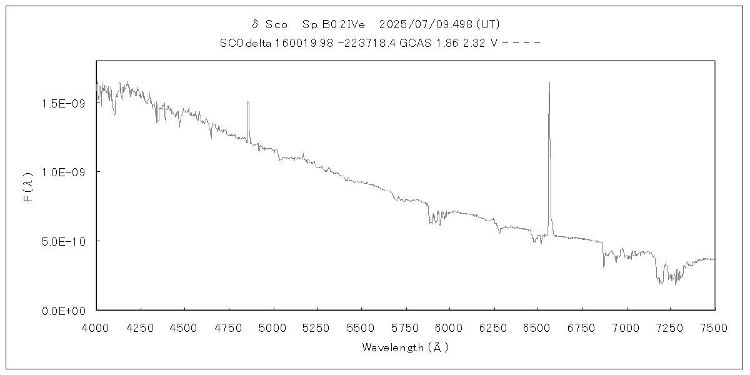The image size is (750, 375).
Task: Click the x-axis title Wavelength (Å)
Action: coord(405,347)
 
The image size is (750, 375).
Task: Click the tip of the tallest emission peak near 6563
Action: coord(549,82)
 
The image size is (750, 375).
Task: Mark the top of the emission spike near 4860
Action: coord(248,102)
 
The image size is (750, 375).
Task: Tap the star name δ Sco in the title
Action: coord(269,24)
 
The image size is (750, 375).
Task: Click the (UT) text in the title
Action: coord(487,24)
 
